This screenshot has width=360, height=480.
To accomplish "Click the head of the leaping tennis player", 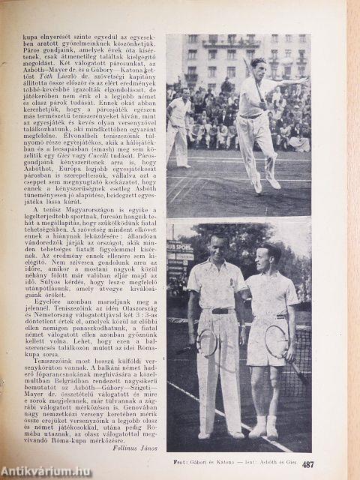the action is pyautogui.click(x=259, y=65).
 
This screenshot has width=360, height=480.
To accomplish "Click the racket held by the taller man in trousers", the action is pyautogui.click(x=208, y=343).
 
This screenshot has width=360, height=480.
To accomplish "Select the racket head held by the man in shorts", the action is pyautogui.click(x=275, y=341).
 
